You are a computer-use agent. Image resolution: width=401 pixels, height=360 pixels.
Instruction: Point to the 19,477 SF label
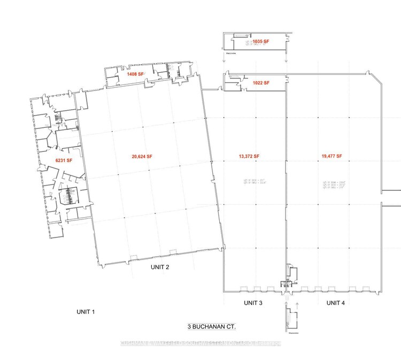pyautogui.click(x=332, y=157)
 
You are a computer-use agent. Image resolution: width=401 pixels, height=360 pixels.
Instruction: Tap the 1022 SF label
pyautogui.click(x=261, y=83)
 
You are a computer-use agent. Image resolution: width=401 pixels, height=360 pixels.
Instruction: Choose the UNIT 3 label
pyautogui.click(x=253, y=303)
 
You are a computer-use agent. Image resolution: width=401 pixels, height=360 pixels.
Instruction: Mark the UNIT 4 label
pyautogui.click(x=335, y=303)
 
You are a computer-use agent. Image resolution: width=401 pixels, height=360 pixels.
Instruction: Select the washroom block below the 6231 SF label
pyautogui.click(x=68, y=196)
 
